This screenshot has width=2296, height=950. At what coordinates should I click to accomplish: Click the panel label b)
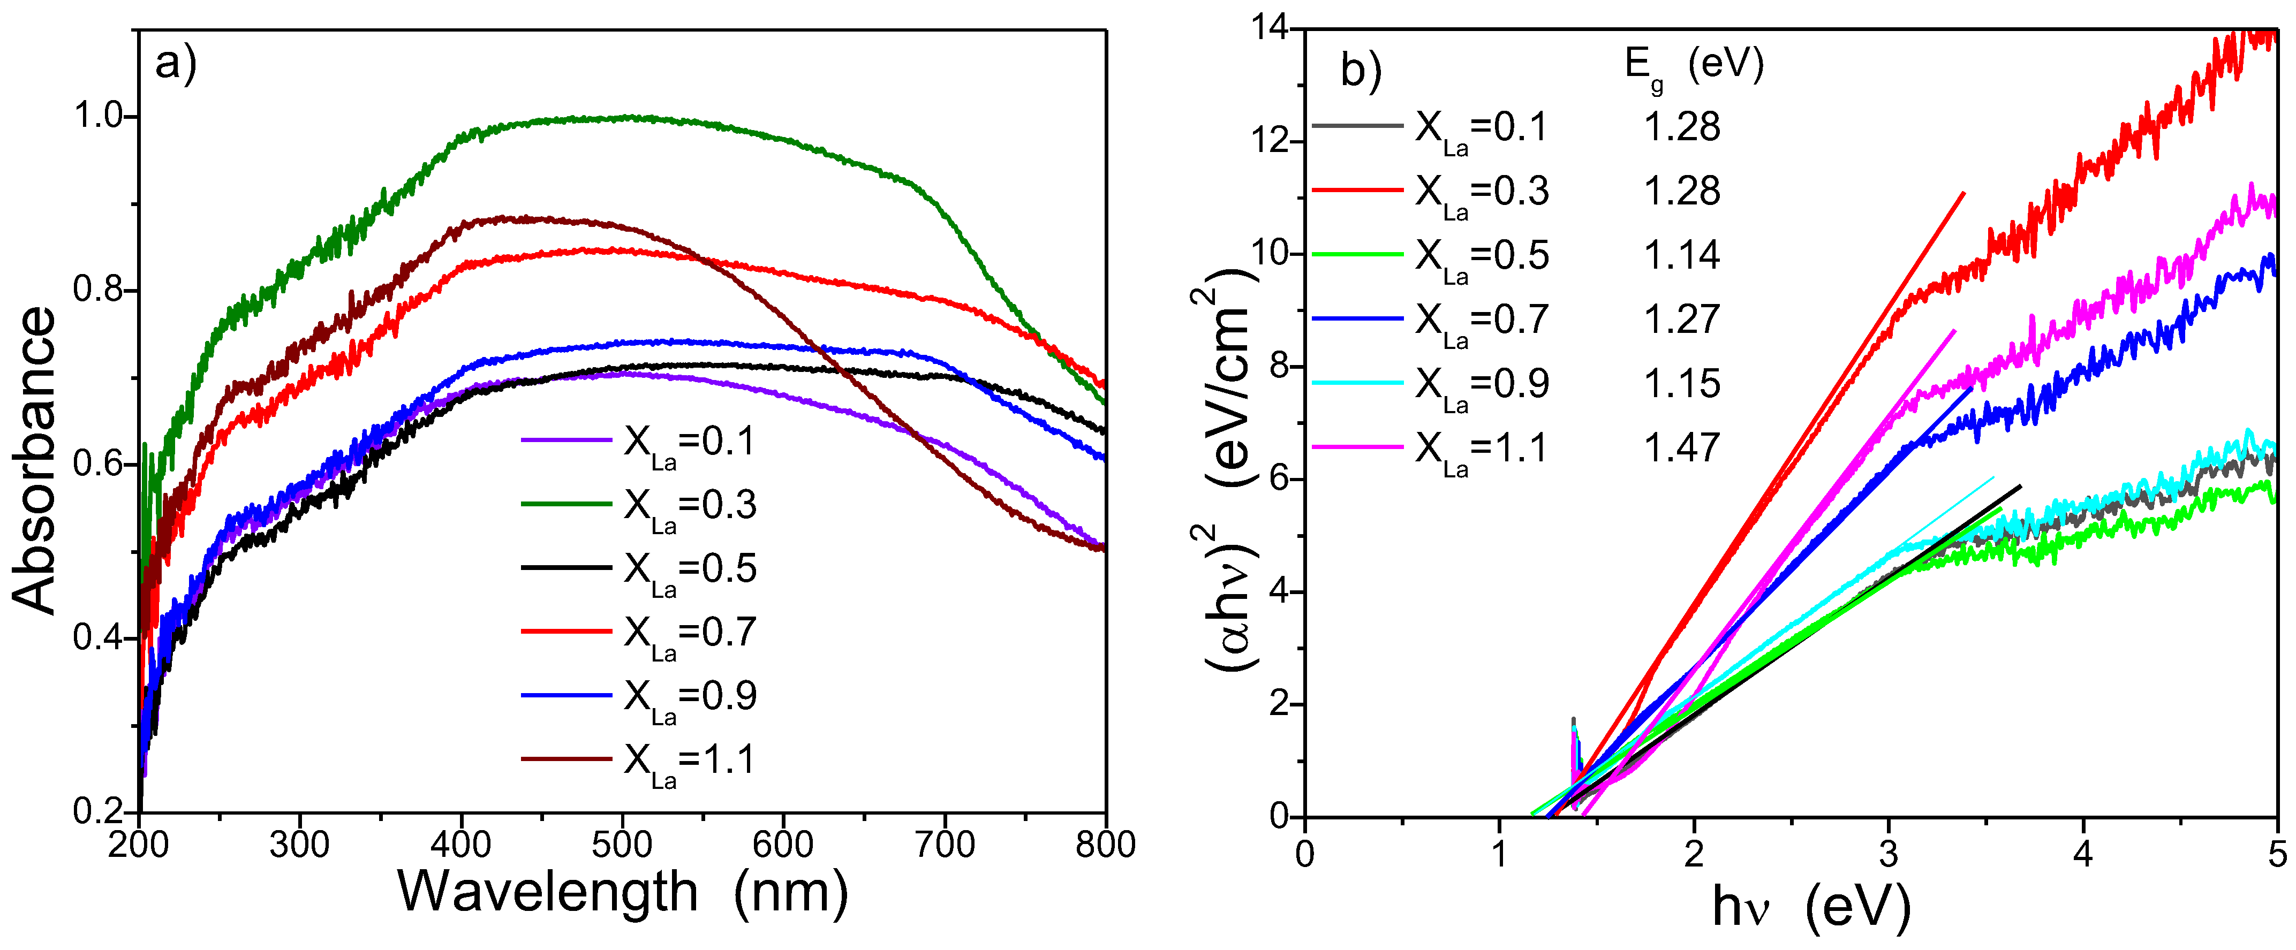click(x=1360, y=71)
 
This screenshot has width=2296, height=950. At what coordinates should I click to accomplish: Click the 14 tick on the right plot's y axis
click(x=1271, y=28)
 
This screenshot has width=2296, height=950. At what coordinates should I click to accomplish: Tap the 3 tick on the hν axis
click(x=1889, y=854)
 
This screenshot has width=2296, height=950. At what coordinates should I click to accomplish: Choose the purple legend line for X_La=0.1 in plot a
click(x=566, y=440)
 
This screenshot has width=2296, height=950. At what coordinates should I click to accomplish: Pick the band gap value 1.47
click(x=1681, y=447)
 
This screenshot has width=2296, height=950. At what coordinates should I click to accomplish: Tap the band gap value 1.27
click(x=1681, y=319)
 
